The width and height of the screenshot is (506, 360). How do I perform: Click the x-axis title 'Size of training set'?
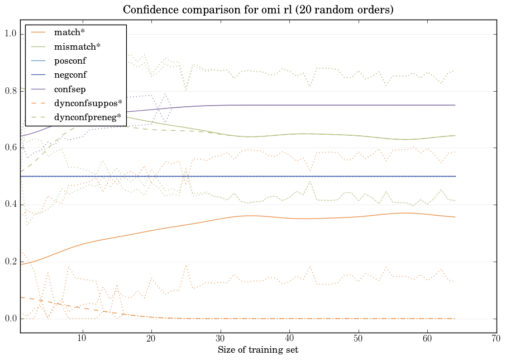coord(257,350)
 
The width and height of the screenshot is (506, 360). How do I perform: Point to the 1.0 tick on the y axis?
coord(11,35)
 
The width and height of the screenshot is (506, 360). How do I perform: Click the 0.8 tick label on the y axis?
coord(11,91)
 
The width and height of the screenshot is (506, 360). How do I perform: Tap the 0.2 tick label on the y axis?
coord(11,262)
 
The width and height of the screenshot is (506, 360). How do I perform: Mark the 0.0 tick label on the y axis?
coord(11,319)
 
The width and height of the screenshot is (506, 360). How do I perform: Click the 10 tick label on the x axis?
coord(82,338)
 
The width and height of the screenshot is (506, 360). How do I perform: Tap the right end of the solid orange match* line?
coord(455,217)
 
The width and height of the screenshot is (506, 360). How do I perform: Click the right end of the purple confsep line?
coord(455,105)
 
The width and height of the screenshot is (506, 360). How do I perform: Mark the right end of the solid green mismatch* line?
coord(455,135)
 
